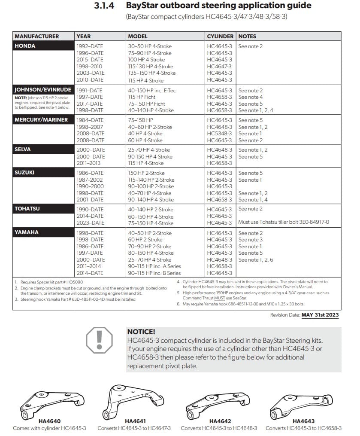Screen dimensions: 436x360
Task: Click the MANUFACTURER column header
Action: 37,37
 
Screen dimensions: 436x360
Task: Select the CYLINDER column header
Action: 220,37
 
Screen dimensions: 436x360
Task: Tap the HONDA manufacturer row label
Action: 25,46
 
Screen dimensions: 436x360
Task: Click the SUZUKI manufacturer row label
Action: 24,173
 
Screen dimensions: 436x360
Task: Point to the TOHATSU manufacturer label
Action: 27,209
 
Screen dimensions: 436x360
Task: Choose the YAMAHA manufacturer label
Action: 27,232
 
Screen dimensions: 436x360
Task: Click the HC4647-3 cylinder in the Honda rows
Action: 219,67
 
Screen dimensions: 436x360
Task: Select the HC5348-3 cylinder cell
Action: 219,134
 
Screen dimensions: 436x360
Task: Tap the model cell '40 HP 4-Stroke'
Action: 145,134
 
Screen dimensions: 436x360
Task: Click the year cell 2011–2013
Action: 90,163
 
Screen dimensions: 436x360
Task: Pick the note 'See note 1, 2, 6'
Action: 256,259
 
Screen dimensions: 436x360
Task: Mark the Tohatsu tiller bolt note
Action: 284,223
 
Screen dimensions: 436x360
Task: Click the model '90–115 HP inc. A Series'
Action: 154,266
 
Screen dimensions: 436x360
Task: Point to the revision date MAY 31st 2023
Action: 320,315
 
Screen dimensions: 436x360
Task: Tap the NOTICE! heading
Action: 141,332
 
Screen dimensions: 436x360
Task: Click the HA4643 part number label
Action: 303,421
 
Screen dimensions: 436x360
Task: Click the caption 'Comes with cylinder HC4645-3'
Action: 49,428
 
